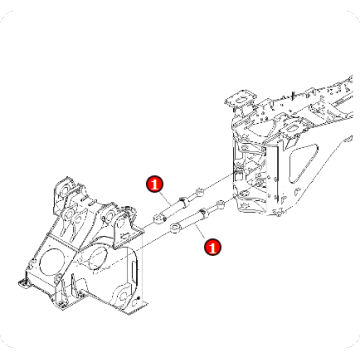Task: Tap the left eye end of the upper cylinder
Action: click(x=161, y=216)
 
